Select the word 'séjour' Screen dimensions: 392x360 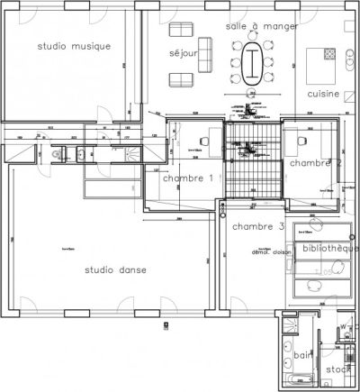(183, 54)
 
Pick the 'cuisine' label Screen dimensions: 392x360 (322, 94)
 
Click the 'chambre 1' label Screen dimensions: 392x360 (187, 178)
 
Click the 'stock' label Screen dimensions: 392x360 (337, 369)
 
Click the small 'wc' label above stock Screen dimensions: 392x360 (343, 326)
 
